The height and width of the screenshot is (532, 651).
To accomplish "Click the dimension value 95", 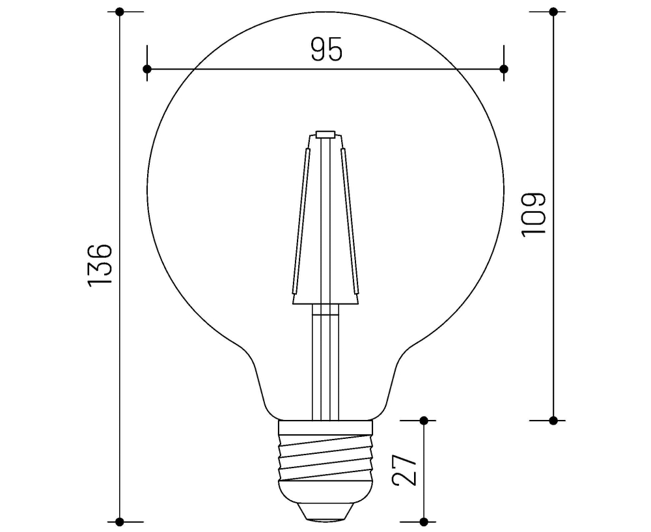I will [325, 50].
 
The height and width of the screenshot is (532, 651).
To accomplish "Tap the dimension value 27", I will [404, 469].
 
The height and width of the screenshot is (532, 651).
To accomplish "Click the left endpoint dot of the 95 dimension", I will [147, 68].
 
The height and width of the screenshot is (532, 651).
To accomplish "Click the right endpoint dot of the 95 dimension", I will [503, 68].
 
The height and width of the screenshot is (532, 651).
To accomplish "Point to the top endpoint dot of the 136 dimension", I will [120, 12].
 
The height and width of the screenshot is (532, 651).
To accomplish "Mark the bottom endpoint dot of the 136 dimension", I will [120, 521].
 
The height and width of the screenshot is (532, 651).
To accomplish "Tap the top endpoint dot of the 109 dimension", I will [553, 12].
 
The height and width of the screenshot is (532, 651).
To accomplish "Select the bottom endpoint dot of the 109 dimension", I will [553, 420].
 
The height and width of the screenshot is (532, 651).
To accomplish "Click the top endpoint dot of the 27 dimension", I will [424, 421].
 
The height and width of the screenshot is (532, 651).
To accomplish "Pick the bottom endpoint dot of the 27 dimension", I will [424, 521].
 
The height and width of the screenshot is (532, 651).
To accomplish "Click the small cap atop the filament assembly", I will [325, 135].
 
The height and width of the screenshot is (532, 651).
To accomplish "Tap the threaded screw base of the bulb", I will [325, 459].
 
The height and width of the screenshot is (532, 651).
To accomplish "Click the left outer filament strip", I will [300, 221].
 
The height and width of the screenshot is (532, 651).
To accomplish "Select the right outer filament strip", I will [350, 221].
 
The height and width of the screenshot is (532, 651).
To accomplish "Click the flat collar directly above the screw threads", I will [325, 427].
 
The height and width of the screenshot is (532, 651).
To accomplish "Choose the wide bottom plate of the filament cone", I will [325, 300].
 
